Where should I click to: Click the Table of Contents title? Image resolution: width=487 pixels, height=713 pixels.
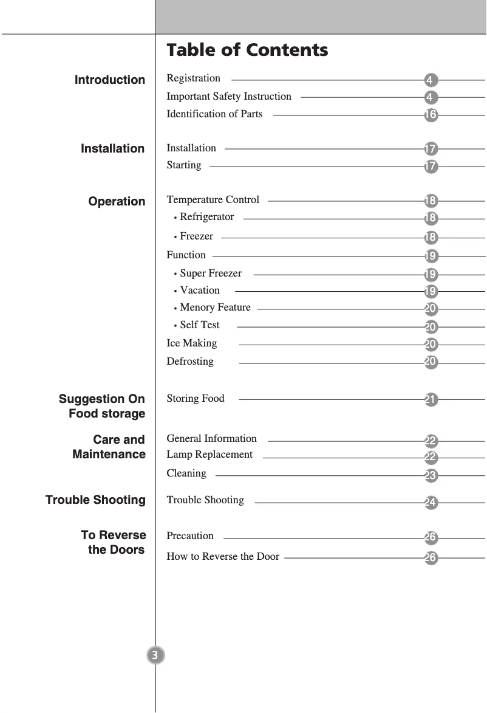pos(247,50)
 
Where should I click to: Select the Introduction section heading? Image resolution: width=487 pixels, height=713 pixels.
pos(110,80)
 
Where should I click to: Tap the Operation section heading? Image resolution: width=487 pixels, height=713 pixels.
pos(117,201)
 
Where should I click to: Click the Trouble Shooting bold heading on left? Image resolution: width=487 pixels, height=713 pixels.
pos(95,500)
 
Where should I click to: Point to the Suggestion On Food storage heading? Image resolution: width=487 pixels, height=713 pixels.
pos(102,406)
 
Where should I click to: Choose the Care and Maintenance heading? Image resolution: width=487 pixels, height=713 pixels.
pos(109,447)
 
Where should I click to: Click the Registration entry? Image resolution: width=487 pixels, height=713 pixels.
pos(194,78)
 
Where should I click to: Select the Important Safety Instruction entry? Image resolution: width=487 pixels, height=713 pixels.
pos(229,96)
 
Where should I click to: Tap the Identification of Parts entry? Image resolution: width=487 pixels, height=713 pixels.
pos(214,114)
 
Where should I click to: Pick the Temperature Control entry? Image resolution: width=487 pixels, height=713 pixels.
pos(213,199)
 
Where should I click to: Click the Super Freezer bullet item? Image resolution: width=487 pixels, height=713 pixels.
pos(210,273)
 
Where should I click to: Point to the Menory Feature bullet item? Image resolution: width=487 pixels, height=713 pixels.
pos(215,307)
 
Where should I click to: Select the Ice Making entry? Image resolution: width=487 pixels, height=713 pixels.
pos(191,343)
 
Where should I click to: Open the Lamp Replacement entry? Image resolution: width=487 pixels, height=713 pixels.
pos(209,454)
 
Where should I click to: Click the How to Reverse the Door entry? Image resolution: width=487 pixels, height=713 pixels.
pos(223,556)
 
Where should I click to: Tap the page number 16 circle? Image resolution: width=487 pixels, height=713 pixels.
pos(431,115)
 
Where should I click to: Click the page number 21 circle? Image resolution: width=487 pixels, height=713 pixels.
pos(431,400)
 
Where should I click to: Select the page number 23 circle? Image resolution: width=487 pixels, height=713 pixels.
pos(431,476)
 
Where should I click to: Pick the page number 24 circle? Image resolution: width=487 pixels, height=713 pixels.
pos(431,503)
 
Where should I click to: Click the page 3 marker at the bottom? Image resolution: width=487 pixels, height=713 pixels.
pos(155,655)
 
